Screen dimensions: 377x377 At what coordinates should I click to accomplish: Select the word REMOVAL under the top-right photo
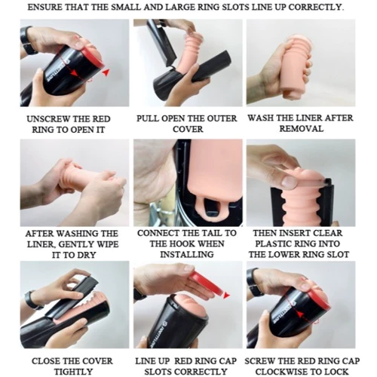tap(302, 129)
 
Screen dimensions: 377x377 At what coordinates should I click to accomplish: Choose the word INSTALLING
tap(187, 254)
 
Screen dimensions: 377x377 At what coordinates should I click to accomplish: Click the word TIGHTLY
tap(73, 372)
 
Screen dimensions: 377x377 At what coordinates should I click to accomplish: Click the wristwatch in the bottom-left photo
tap(32, 300)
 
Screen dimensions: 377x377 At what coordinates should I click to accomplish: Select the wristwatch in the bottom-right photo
tap(254, 282)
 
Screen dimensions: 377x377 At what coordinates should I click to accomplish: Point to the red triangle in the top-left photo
tap(106, 72)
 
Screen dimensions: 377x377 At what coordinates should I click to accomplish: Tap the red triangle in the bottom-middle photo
tap(226, 295)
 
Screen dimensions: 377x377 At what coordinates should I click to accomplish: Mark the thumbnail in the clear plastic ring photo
tap(288, 181)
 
